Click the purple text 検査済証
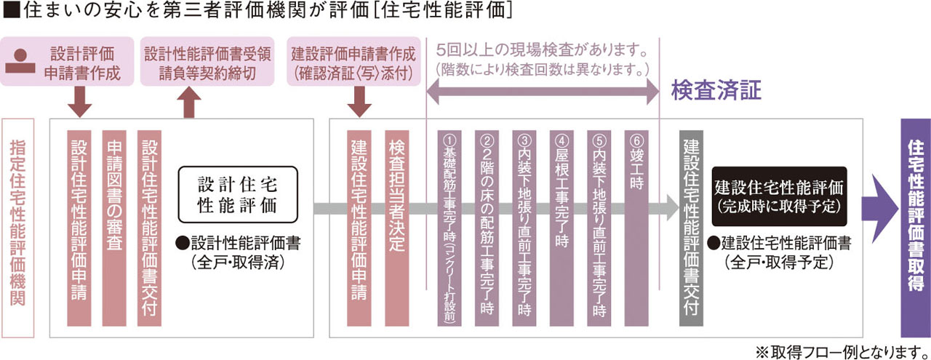[716, 90]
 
